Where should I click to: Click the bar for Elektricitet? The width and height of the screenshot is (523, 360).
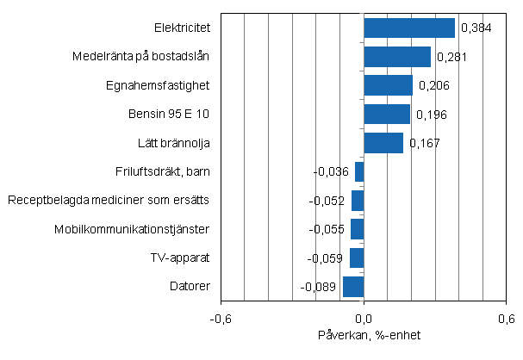coord(409,28)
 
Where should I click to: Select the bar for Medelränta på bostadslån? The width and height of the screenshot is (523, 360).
coord(397,57)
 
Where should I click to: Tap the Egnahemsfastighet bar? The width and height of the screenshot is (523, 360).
coord(389,85)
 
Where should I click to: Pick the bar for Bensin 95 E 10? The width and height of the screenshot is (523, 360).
coord(387,115)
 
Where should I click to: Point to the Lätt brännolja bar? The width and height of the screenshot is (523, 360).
coord(383,143)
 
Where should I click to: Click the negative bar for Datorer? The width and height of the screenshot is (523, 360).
coord(353,287)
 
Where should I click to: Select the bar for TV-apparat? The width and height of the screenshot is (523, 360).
coord(357,258)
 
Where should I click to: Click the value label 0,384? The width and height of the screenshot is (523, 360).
coord(476,28)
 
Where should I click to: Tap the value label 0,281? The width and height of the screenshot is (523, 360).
coord(452,57)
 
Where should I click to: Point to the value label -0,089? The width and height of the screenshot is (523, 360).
coord(318,287)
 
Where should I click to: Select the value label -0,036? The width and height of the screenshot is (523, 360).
coord(331,172)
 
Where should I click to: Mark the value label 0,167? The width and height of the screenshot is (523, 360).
coord(425,143)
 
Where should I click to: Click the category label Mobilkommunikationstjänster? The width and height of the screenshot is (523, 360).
coord(132,229)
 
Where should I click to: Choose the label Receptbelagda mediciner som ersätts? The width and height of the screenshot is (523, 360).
coord(109,201)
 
